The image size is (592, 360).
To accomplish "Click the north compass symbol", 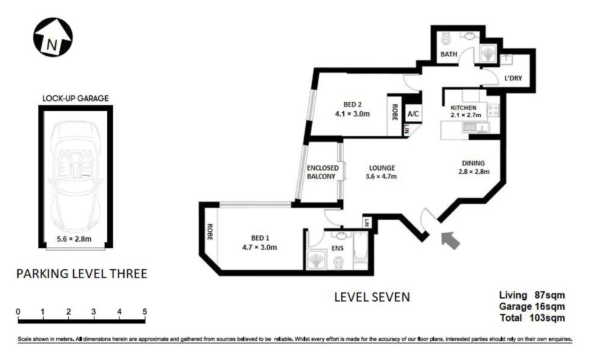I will click(x=53, y=37).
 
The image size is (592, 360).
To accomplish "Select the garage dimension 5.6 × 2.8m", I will click(x=74, y=238).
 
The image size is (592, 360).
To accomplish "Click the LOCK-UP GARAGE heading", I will click(x=76, y=98).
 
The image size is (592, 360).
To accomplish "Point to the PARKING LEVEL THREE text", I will click(x=81, y=274).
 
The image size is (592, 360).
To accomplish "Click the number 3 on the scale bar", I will click(x=94, y=311).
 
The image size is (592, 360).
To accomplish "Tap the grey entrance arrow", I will click(x=450, y=240).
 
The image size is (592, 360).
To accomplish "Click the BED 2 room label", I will click(x=352, y=105).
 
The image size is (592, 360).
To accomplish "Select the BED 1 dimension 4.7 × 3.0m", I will click(x=259, y=247).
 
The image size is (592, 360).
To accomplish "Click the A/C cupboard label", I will click(x=413, y=114).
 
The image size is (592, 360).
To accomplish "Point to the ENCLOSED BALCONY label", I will click(x=322, y=172).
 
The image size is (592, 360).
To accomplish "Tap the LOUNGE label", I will click(x=382, y=168).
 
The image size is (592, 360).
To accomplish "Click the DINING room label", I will click(x=473, y=163).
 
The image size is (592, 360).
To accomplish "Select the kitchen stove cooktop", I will click(x=493, y=110).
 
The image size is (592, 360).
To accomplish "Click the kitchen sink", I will click(x=475, y=128).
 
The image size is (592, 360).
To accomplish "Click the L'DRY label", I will click(x=513, y=78).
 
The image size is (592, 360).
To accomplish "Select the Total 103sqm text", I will click(x=532, y=318).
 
